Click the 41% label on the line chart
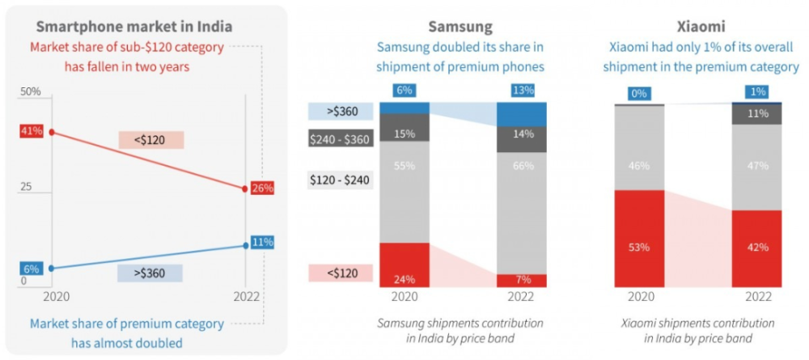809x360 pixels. click(x=32, y=130)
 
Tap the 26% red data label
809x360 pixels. click(x=263, y=188)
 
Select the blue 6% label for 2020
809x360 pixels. click(x=31, y=269)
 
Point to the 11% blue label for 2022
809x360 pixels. click(x=263, y=242)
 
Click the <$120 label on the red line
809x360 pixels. click(x=150, y=140)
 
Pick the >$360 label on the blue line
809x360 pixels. click(x=150, y=273)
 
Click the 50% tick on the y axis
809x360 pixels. click(x=31, y=92)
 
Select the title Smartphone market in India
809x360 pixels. click(x=134, y=27)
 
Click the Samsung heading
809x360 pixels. click(x=460, y=27)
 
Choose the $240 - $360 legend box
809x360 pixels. click(x=340, y=139)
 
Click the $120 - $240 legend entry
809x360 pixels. click(x=340, y=180)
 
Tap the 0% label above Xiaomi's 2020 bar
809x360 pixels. click(x=639, y=94)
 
